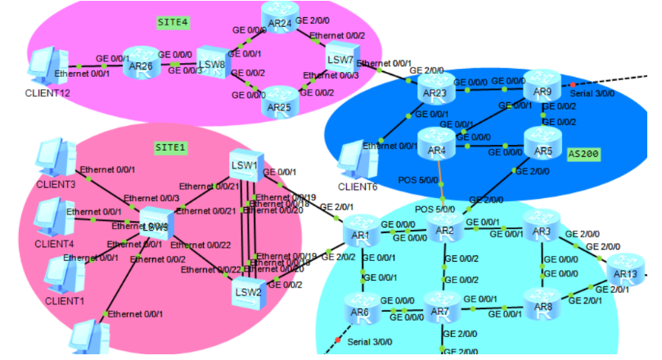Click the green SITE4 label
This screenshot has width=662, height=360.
coord(173,22)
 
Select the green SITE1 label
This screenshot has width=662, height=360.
coord(171,148)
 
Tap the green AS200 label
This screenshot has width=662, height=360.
coord(583,155)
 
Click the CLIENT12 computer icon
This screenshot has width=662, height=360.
coord(45,65)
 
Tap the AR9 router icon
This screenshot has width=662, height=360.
coord(541,84)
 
